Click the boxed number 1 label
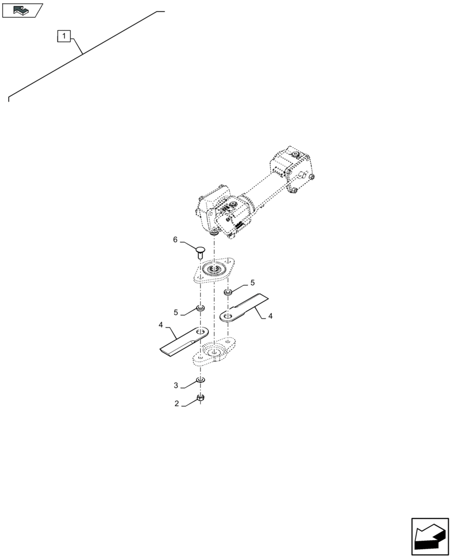pyautogui.click(x=65, y=37)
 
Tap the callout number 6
pyautogui.click(x=175, y=240)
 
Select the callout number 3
pyautogui.click(x=176, y=385)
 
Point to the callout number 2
pyautogui.click(x=176, y=403)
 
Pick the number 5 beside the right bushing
pyautogui.click(x=252, y=282)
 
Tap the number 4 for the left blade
pyautogui.click(x=161, y=325)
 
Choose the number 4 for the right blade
pyautogui.click(x=270, y=316)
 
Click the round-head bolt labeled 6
pyautogui.click(x=200, y=249)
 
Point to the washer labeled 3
pyautogui.click(x=200, y=381)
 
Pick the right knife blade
pyautogui.click(x=246, y=307)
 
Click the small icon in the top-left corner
pyautogui.click(x=22, y=9)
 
